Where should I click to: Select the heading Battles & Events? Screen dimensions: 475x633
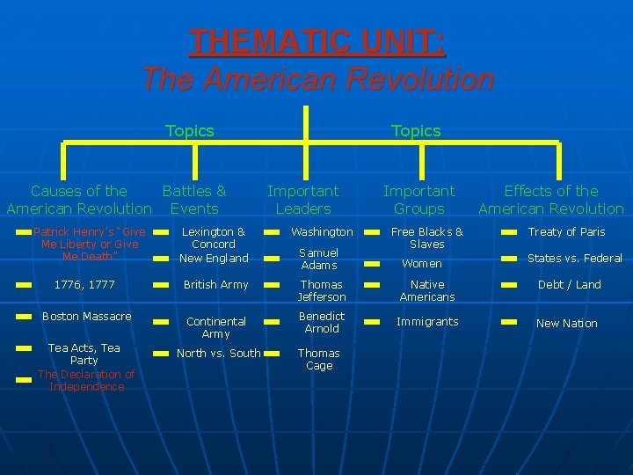click(x=194, y=200)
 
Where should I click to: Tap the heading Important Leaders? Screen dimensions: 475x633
click(x=302, y=200)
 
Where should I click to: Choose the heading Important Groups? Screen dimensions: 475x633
click(x=418, y=200)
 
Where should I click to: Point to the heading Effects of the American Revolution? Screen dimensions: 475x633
click(x=550, y=200)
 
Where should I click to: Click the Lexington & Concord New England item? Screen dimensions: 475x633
click(x=214, y=245)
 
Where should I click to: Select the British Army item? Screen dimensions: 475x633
click(x=215, y=285)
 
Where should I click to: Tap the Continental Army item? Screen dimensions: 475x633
click(x=215, y=327)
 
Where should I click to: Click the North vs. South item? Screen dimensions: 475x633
click(x=220, y=354)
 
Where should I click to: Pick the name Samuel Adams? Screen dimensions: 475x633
click(x=318, y=259)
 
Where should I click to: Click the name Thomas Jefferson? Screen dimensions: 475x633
click(x=322, y=290)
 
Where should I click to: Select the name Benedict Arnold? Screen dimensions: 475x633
click(x=322, y=322)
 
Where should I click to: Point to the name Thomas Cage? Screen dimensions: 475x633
click(x=319, y=359)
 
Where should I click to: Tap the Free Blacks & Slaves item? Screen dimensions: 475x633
click(x=427, y=237)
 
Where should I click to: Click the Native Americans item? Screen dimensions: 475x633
click(x=427, y=290)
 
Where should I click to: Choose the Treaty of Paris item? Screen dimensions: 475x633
click(x=566, y=232)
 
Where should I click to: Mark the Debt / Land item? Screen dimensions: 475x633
click(x=570, y=285)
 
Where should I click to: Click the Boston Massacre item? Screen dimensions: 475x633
click(x=87, y=317)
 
